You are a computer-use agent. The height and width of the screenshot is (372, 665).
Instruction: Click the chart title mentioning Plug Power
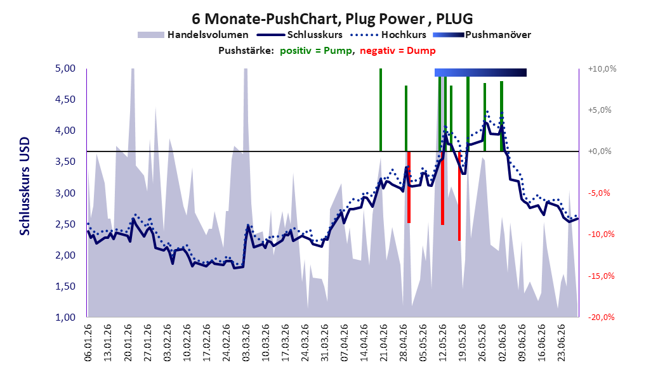332,19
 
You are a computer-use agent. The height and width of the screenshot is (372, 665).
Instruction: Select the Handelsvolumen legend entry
193,35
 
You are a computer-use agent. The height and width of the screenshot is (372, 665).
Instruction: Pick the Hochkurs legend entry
388,35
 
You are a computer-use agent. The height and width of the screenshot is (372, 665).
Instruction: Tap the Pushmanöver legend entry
482,35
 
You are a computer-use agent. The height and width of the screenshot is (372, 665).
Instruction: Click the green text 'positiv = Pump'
316,51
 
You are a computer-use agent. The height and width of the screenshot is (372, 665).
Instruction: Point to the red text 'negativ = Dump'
398,51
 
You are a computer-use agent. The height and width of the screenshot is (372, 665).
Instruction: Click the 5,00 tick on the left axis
65,68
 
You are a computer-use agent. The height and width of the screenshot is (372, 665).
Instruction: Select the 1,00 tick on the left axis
65,317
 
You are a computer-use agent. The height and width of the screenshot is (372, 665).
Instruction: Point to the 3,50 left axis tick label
65,162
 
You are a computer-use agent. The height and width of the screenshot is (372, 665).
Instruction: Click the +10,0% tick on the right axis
602,68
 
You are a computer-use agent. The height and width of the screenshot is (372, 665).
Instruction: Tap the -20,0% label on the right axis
601,317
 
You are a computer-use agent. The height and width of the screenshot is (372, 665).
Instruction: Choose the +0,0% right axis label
600,151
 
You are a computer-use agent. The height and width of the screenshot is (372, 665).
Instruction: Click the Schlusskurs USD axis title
25,186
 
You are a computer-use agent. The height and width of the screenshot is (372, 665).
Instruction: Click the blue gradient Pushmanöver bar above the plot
480,72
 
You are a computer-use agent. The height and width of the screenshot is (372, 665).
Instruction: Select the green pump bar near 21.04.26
381,110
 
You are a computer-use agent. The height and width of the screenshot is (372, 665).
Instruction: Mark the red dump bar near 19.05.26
459,196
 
